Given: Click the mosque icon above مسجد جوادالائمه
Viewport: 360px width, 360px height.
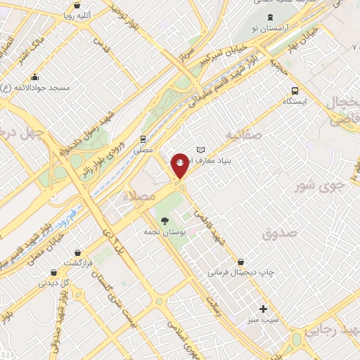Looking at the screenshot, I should click(x=34, y=77).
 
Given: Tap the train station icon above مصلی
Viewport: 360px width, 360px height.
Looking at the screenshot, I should click(x=143, y=139).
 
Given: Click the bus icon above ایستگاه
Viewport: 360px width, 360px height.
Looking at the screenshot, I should click(x=294, y=90).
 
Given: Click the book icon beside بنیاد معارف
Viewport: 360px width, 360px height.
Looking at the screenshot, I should click(x=201, y=150).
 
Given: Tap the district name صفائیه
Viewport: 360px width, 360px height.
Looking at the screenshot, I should click(x=245, y=134).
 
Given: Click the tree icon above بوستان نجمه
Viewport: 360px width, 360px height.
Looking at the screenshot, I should click(x=164, y=221).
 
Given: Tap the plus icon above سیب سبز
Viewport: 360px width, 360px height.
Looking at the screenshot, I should click(x=264, y=309).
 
